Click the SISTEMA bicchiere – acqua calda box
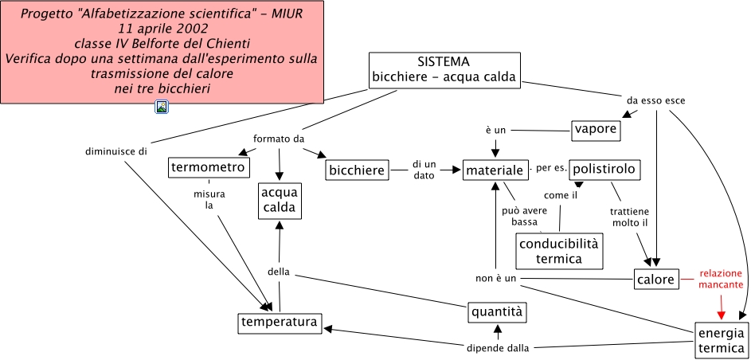point(444,70)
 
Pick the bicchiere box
point(357,170)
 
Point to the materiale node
point(495,170)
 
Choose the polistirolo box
point(604,169)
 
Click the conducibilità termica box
point(559,251)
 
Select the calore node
point(656,279)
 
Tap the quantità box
point(497,311)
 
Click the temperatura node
point(280,323)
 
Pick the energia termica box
point(720,340)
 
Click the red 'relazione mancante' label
point(721,279)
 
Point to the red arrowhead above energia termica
point(721,313)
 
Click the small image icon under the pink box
point(162,107)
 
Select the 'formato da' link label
point(279,139)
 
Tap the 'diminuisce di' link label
point(111,151)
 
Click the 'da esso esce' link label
point(655,100)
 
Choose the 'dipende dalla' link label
point(497,348)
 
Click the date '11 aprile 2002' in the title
point(162,28)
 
